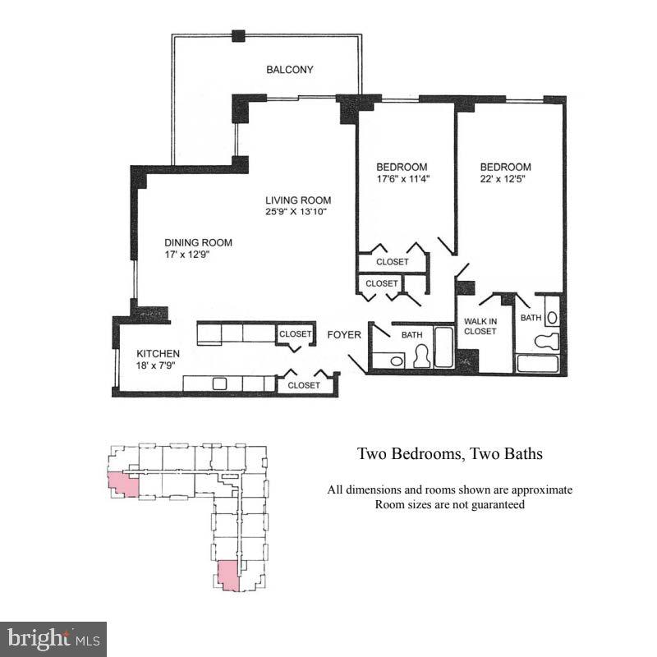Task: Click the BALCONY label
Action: pos(289,71)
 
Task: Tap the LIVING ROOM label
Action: pos(297,200)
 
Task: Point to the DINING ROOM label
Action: pos(198,243)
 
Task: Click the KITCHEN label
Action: pos(158,354)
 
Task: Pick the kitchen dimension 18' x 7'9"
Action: pos(158,365)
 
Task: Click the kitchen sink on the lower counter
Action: pos(219,384)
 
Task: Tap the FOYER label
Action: pos(344,335)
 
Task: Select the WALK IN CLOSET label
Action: pos(480,326)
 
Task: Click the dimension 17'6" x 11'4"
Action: pos(402,178)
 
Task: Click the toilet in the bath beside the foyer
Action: pos(423,356)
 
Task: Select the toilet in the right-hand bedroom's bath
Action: pos(546,341)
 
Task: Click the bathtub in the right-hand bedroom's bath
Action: pos(538,364)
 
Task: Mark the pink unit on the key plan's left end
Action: pos(122,485)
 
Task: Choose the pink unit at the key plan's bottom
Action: pos(228,576)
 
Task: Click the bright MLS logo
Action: pos(53,638)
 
